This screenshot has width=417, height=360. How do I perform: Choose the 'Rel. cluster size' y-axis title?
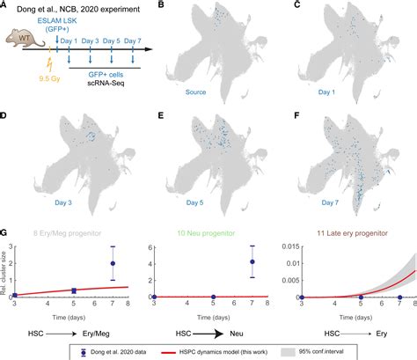(4, 268)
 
